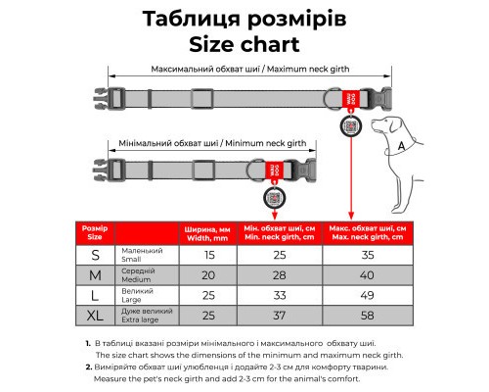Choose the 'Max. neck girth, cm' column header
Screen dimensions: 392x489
tap(369, 232)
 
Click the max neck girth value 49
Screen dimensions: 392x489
tap(369, 295)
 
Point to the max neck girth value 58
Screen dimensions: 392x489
tap(369, 315)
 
